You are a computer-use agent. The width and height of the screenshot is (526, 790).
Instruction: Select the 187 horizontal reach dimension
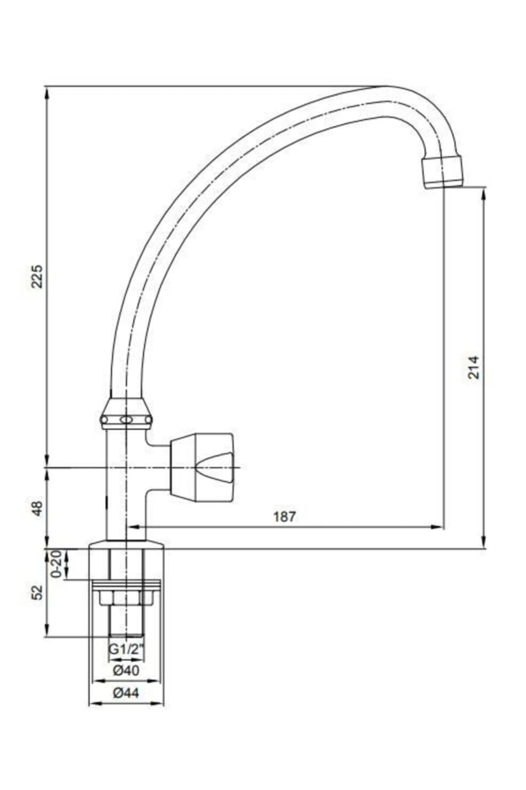(x=285, y=517)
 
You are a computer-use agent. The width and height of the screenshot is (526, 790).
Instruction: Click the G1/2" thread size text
(x=126, y=650)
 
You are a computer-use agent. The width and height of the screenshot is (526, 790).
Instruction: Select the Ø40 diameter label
(x=126, y=671)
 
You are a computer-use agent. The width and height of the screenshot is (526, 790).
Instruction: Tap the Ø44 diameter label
(x=126, y=693)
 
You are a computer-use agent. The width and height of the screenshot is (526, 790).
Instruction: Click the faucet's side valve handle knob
(x=203, y=467)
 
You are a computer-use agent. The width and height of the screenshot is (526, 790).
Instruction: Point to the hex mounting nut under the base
(x=126, y=597)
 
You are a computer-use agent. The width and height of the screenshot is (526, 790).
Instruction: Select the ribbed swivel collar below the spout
(x=126, y=415)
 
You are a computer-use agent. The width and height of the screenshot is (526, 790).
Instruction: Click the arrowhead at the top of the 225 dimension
(x=46, y=90)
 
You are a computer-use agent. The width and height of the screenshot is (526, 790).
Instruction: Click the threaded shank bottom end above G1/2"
(x=126, y=635)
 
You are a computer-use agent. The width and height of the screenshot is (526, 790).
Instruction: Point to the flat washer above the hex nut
(x=126, y=584)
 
